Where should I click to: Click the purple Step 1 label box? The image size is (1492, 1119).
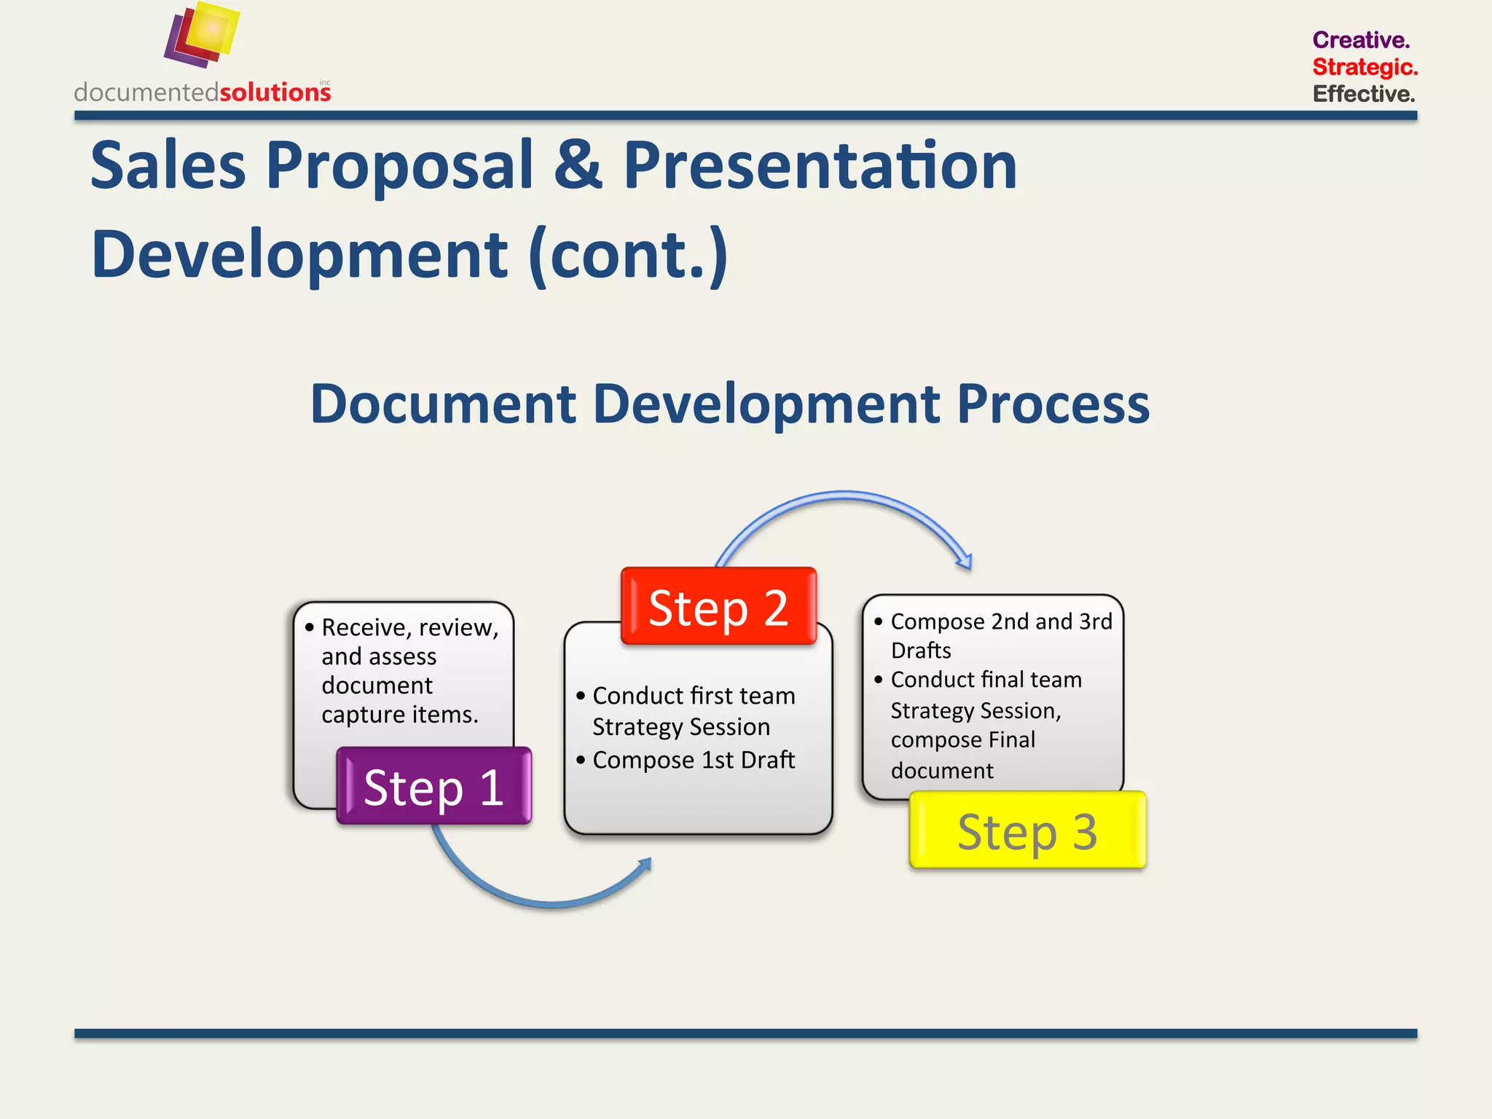[434, 786]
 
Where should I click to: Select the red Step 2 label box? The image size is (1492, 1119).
[718, 606]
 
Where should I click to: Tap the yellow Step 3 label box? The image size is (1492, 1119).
[1027, 831]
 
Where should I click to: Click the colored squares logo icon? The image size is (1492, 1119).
[202, 34]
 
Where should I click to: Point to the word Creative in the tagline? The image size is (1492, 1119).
[1360, 40]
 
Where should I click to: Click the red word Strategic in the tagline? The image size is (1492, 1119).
[1364, 67]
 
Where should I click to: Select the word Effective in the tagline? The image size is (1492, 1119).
[1363, 94]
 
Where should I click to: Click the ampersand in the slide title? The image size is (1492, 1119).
[578, 165]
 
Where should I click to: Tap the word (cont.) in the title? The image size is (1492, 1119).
[628, 255]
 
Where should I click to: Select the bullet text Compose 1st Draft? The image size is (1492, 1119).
[693, 760]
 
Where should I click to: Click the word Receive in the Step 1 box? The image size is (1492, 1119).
[365, 627]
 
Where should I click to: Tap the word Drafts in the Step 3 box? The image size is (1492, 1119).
[921, 650]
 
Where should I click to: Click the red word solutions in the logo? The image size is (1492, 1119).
[275, 93]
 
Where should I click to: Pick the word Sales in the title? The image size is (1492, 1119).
[168, 165]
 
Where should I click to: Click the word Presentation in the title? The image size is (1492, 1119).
[820, 165]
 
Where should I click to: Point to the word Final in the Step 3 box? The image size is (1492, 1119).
[1011, 740]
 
